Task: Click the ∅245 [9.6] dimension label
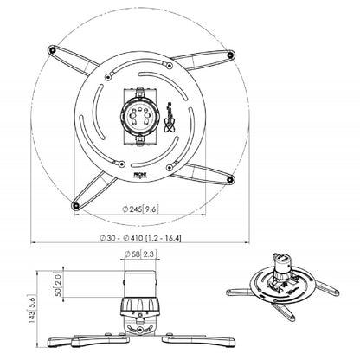point(138,208)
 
